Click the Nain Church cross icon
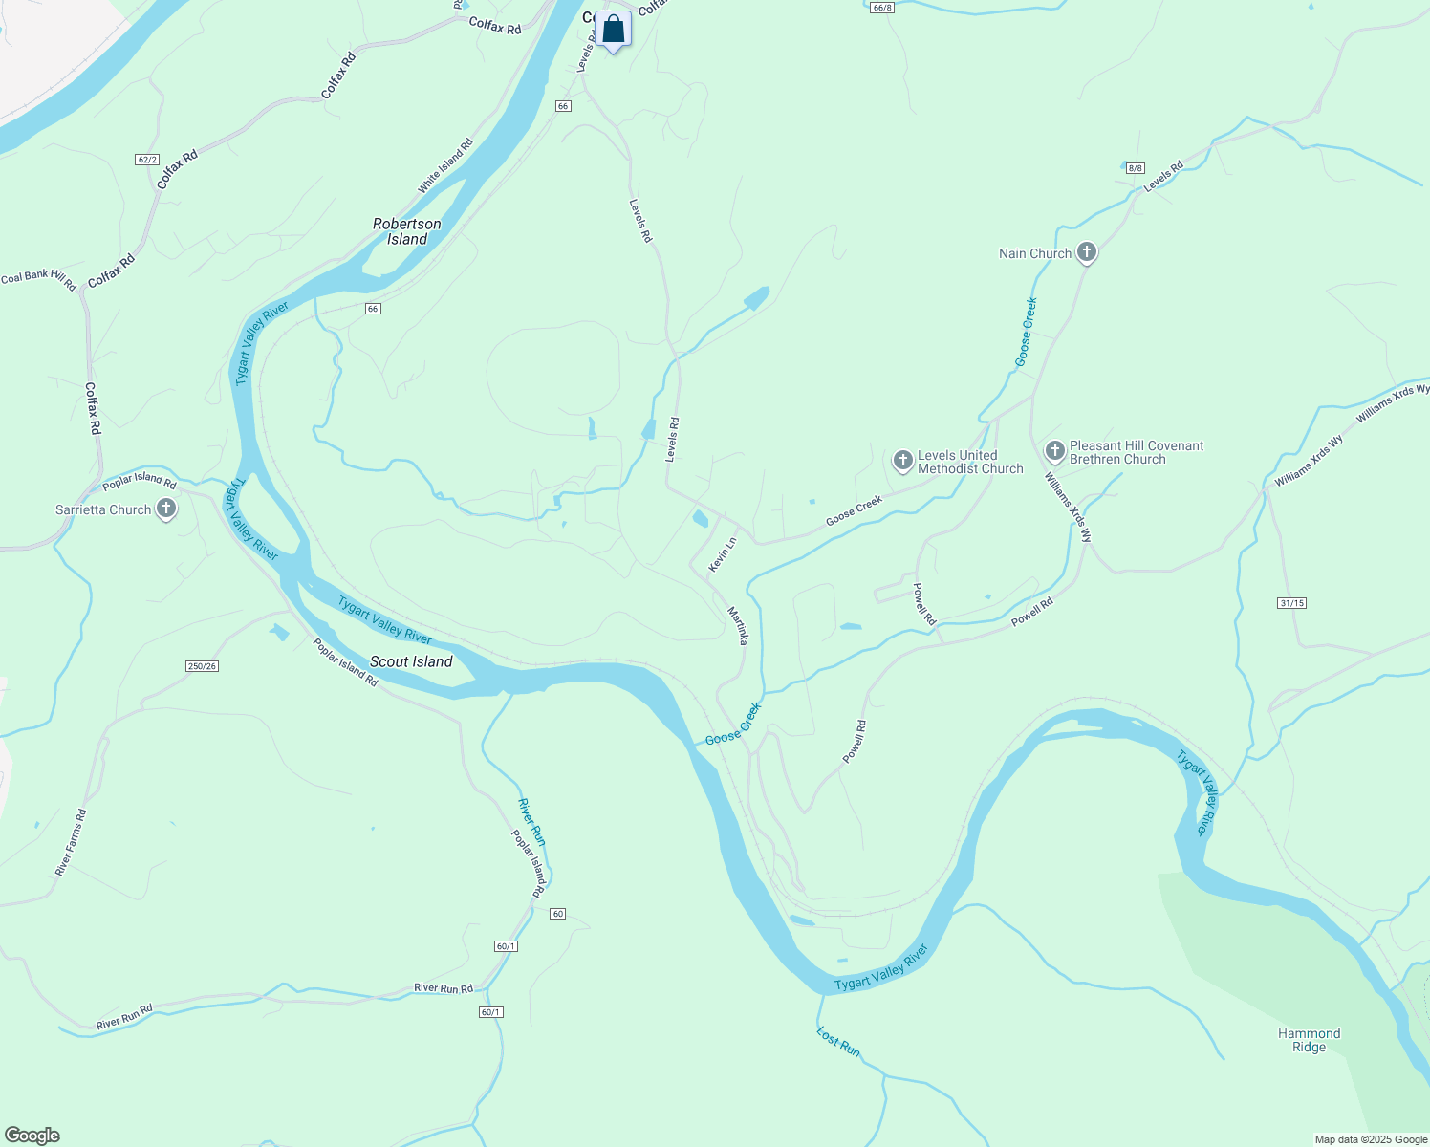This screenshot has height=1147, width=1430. (x=1086, y=253)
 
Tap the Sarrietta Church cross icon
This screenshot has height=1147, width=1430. (x=166, y=509)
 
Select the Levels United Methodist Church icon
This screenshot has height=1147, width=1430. (x=902, y=462)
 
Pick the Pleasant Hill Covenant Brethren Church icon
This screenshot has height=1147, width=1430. (x=1054, y=451)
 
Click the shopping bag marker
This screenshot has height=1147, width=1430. (x=613, y=30)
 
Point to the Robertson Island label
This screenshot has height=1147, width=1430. (x=407, y=231)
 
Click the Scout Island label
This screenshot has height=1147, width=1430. (x=411, y=661)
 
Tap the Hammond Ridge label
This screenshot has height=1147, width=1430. (x=1309, y=1040)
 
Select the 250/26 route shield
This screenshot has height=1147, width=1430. (x=202, y=666)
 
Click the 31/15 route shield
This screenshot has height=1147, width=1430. (x=1290, y=603)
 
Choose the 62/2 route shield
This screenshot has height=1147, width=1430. (x=147, y=160)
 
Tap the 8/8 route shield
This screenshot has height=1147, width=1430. (x=1135, y=168)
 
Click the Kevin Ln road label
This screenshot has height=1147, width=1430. (x=722, y=555)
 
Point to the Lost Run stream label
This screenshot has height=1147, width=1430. (x=838, y=1041)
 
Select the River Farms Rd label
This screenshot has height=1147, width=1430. (x=71, y=842)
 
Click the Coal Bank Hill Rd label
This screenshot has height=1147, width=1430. (x=38, y=280)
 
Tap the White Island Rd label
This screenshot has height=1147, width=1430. (x=445, y=166)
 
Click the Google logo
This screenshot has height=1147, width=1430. (x=32, y=1136)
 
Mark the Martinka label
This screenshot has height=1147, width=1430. (x=737, y=625)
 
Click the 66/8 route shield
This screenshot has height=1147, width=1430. (x=881, y=8)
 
